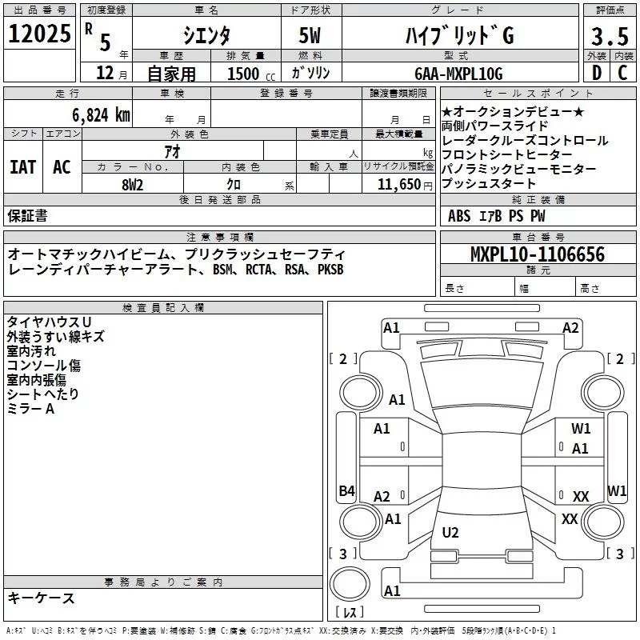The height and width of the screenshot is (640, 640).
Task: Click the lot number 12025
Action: [x=39, y=34]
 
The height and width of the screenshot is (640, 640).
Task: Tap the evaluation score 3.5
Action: [x=610, y=36]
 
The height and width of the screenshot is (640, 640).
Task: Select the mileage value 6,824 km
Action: [x=101, y=115]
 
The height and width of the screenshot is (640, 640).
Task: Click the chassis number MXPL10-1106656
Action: [x=538, y=254]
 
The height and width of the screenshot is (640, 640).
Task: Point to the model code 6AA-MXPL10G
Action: [x=458, y=74]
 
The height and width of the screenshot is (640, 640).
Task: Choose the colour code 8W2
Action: [x=132, y=185]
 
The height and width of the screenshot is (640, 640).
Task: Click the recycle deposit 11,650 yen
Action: [x=405, y=185]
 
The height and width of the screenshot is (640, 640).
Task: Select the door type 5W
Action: [x=310, y=35]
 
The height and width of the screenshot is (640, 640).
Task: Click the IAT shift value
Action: [x=23, y=167]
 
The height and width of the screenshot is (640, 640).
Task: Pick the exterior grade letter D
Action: [x=597, y=73]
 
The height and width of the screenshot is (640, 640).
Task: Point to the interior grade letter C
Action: [x=622, y=73]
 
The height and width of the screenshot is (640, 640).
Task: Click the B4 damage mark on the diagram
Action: [x=346, y=490]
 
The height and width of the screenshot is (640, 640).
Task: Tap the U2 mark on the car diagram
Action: [x=450, y=532]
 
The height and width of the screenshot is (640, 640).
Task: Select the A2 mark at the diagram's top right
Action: [x=570, y=328]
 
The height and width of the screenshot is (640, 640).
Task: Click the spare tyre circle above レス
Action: [x=350, y=584]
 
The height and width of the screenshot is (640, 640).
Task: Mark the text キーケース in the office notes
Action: [x=41, y=598]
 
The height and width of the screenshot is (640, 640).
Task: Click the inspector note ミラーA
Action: [x=30, y=408]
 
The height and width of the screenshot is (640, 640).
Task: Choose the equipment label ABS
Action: [x=459, y=216]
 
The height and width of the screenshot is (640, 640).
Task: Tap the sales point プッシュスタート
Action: [x=488, y=183]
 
